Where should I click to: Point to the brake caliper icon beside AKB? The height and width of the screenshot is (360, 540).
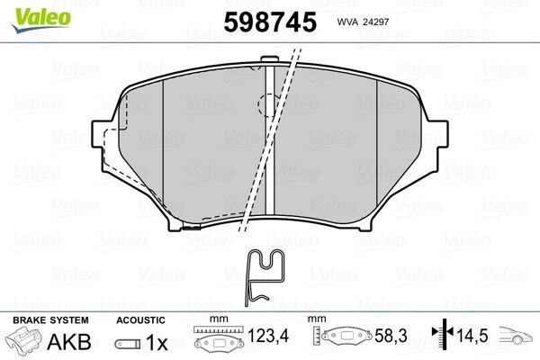26,343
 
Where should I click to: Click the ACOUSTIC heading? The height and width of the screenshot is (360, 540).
140,320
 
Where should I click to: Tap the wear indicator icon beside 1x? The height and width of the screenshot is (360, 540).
128,344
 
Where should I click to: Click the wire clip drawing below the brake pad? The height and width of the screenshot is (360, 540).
264,275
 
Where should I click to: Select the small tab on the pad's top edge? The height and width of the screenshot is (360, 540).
266,64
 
